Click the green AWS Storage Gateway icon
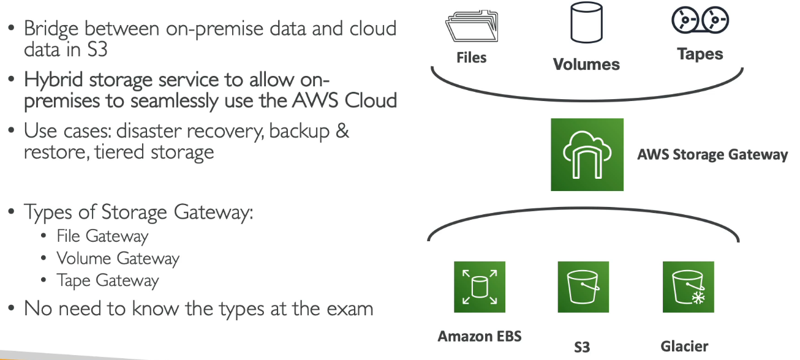tap(587, 154)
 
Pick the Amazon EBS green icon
tap(479, 287)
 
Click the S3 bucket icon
tap(583, 287)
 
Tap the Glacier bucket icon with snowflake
tap(688, 287)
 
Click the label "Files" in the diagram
tap(471, 58)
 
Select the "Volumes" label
tap(586, 64)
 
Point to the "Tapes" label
tap(700, 54)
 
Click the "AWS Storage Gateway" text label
tap(712, 154)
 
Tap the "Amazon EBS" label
tap(479, 336)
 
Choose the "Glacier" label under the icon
tap(684, 346)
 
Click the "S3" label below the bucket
tap(582, 347)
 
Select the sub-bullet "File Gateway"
tap(102, 236)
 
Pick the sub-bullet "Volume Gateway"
tap(118, 258)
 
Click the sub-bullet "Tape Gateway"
tap(108, 280)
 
